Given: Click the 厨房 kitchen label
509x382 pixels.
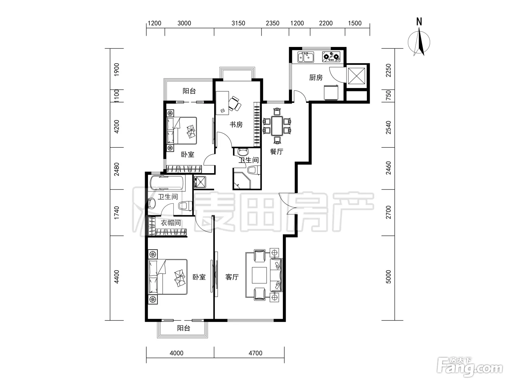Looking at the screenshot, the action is click(x=316, y=77).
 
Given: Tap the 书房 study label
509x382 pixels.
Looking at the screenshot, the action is click(x=236, y=124).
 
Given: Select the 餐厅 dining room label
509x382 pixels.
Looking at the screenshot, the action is click(x=276, y=151).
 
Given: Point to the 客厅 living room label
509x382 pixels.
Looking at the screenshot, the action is click(x=232, y=277).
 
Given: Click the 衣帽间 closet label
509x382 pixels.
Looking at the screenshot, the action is click(x=171, y=223).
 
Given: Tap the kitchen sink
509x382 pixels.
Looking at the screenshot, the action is click(x=306, y=57).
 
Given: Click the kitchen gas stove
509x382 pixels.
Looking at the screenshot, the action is click(x=331, y=57).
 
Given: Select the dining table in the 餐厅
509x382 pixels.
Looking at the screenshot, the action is click(x=277, y=126).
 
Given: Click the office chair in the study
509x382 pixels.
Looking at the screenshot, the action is click(x=235, y=104).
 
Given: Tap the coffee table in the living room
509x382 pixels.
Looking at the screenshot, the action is click(x=259, y=275).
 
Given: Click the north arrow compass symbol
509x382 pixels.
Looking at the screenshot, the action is click(x=419, y=42).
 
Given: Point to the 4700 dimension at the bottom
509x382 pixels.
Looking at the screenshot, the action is click(x=255, y=353).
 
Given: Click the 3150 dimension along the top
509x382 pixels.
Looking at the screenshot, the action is click(x=238, y=23).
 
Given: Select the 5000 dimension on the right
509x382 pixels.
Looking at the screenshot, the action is click(x=388, y=277).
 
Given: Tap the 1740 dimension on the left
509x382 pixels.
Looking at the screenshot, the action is click(x=116, y=213).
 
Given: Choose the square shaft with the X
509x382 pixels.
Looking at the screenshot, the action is click(x=356, y=76).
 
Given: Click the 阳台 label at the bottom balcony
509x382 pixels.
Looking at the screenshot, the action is click(x=184, y=328).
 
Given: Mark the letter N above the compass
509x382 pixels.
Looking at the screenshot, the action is click(x=419, y=21).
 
